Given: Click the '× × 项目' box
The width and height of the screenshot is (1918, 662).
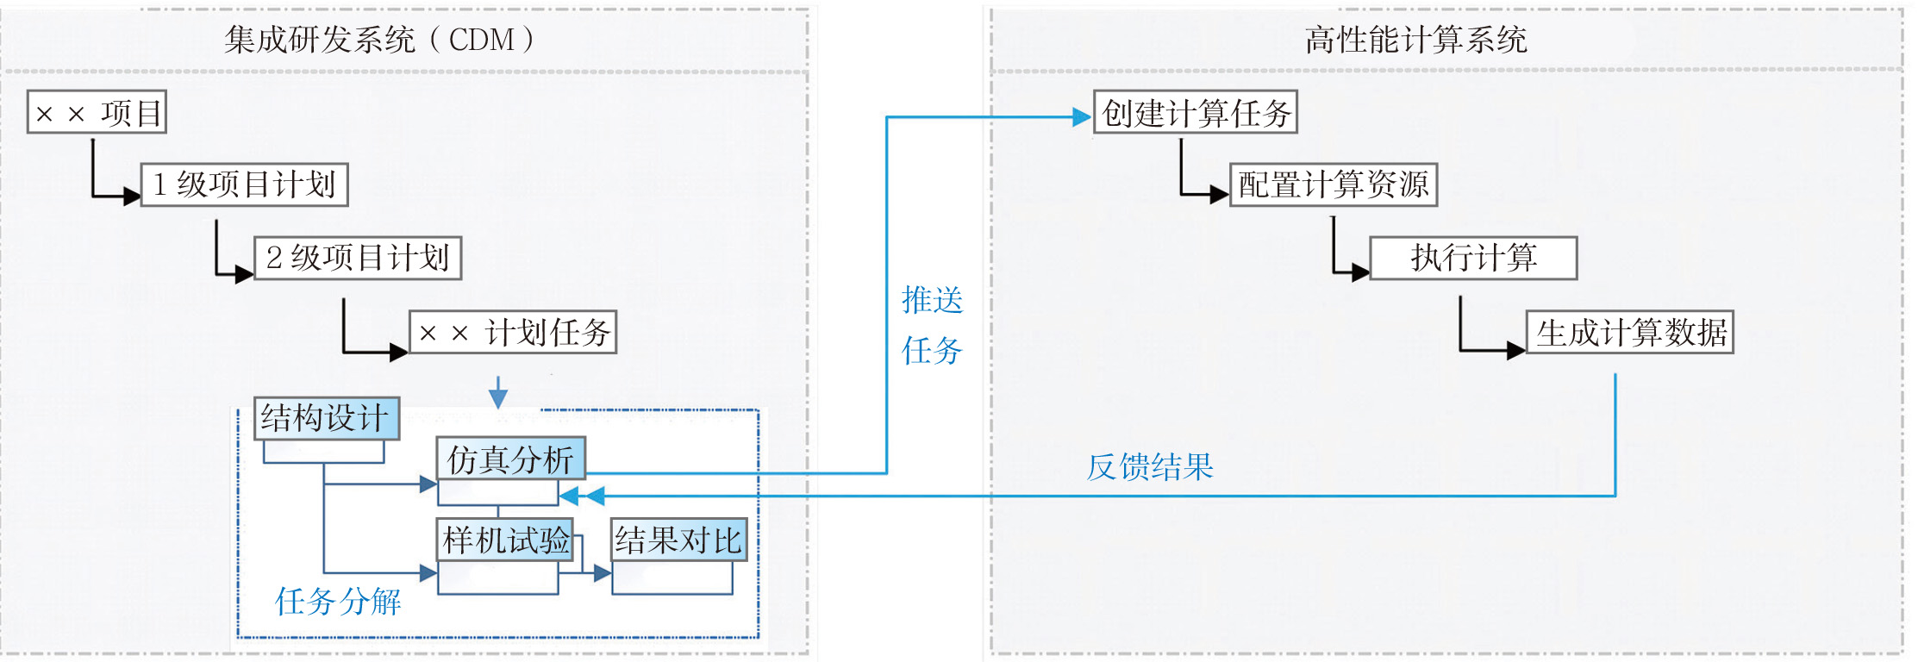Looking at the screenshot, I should click(97, 112).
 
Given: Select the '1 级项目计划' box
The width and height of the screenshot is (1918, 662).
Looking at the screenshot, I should click(244, 184).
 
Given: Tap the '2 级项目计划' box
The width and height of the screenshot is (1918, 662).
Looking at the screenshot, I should click(358, 258).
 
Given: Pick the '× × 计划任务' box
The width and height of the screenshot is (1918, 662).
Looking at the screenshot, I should click(513, 332).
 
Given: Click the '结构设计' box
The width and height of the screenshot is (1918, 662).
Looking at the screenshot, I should click(327, 418).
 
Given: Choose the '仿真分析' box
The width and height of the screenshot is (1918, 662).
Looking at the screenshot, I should click(510, 459).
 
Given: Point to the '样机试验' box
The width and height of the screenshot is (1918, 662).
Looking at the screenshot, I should click(505, 540).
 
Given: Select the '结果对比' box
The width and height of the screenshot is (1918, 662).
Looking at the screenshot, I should click(678, 540).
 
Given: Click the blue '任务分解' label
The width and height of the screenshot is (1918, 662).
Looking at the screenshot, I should click(338, 601).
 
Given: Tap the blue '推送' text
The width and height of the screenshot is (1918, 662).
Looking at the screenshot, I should click(932, 300).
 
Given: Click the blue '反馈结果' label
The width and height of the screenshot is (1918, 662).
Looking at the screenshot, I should click(1150, 466).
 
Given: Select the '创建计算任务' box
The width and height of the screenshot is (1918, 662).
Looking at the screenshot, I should click(1196, 112).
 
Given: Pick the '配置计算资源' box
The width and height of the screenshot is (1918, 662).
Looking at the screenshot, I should click(1334, 184).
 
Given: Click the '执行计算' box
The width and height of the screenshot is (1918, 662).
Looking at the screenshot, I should click(1473, 258).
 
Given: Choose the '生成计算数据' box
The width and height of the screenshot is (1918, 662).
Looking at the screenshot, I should click(1630, 332).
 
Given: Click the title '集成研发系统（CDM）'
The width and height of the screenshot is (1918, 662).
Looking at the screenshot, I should click(379, 40).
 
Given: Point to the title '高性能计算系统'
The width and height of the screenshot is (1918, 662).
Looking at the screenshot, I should click(1415, 40).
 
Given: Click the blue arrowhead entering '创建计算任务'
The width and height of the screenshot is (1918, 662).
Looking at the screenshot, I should click(1082, 117).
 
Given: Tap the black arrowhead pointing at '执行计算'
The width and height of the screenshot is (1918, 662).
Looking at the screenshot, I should click(1360, 273).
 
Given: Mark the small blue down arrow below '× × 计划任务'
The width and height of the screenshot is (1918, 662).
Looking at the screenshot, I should click(498, 397).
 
